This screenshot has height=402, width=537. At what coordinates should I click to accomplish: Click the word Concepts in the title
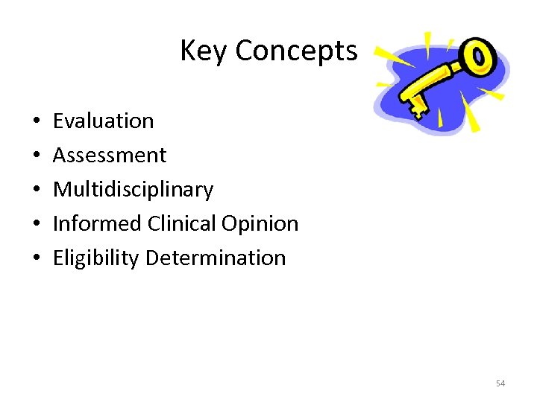tap(296, 51)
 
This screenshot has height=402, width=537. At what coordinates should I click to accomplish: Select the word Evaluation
tap(103, 121)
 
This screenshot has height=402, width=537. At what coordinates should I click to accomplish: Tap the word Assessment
tap(110, 155)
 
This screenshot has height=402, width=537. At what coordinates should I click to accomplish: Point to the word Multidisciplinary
tap(133, 189)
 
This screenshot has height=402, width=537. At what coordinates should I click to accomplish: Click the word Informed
tap(97, 223)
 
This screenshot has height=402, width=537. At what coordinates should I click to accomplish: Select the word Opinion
tap(263, 223)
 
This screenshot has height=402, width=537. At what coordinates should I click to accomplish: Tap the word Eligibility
tap(96, 258)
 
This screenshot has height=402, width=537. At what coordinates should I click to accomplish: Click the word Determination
tap(216, 258)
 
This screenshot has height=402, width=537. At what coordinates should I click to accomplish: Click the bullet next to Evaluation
tap(36, 121)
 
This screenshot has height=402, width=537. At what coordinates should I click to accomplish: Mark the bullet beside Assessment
tap(36, 156)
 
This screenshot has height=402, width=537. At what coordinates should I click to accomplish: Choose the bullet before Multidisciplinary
tap(36, 190)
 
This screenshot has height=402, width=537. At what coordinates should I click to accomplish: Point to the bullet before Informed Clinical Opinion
tap(36, 224)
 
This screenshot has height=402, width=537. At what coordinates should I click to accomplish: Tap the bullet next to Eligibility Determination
tap(36, 258)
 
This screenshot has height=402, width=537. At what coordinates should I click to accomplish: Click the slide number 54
tap(500, 383)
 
